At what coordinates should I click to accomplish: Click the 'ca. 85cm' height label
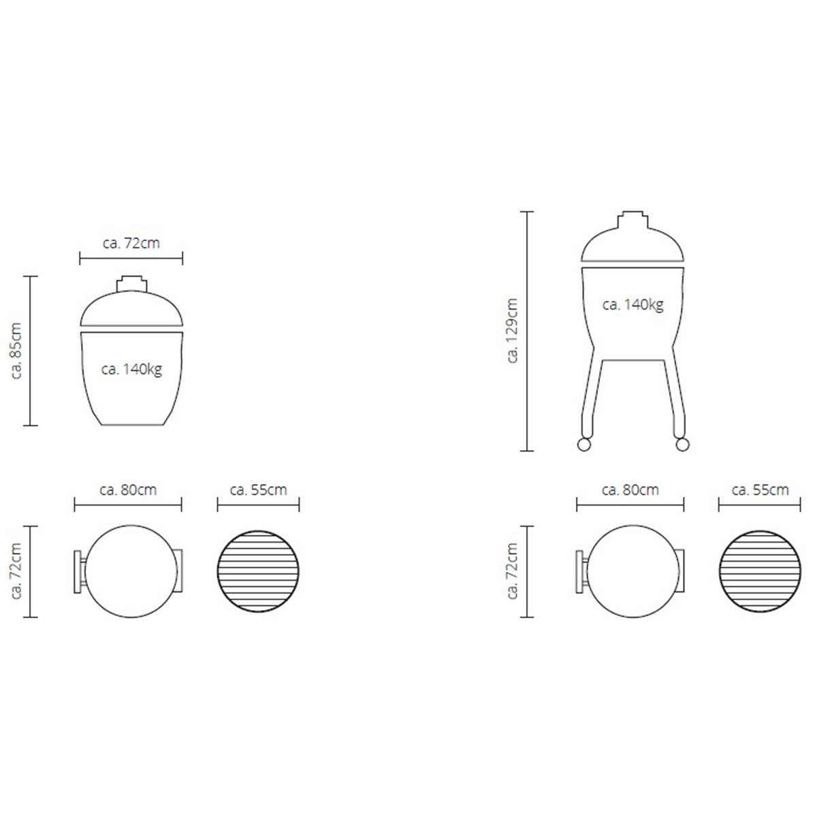click(x=16, y=351)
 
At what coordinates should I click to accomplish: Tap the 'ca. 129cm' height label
click(x=512, y=331)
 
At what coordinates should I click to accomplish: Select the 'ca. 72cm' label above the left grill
click(x=131, y=243)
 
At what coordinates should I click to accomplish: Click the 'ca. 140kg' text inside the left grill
click(x=131, y=369)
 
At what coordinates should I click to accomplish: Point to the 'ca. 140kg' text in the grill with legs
click(x=632, y=304)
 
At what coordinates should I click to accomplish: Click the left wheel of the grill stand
click(x=583, y=445)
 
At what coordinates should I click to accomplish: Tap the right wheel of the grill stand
click(x=682, y=445)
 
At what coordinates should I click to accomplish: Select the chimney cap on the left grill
click(x=131, y=284)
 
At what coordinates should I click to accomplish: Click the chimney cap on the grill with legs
click(x=632, y=219)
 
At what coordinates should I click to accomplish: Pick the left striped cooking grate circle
click(x=258, y=571)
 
